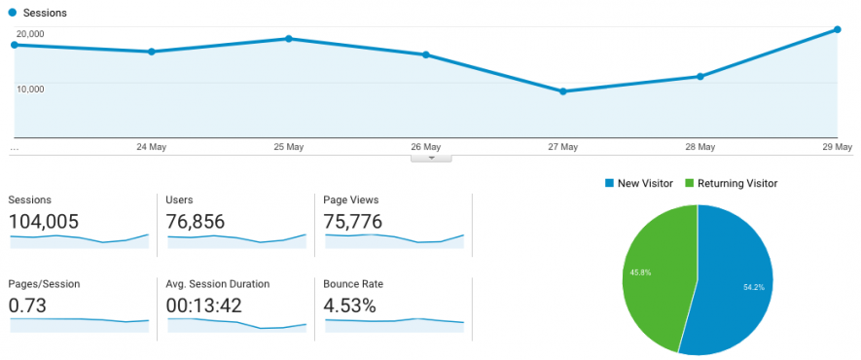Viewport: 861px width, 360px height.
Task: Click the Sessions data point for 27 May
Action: [563, 91]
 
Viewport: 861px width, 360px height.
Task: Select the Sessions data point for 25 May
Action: [289, 39]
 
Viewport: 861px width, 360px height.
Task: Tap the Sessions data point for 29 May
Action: [838, 30]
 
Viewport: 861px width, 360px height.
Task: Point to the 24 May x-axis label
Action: [151, 147]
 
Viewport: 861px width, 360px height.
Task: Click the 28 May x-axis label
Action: [700, 147]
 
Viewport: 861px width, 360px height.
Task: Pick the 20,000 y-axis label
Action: [29, 34]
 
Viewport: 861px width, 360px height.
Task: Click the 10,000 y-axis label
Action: [29, 89]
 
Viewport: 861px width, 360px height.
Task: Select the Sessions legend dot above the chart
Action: [13, 14]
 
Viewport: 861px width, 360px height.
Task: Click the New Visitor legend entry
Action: [638, 183]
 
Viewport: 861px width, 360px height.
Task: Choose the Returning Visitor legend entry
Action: [731, 183]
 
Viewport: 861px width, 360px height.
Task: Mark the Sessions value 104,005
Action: [44, 222]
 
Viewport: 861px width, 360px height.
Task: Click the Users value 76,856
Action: [197, 222]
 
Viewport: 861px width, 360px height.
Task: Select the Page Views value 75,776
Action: [353, 222]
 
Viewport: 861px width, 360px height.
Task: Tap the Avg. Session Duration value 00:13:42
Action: [205, 306]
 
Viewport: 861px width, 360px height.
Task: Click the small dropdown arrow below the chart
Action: [431, 157]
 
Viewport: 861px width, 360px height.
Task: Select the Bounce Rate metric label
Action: [353, 284]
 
